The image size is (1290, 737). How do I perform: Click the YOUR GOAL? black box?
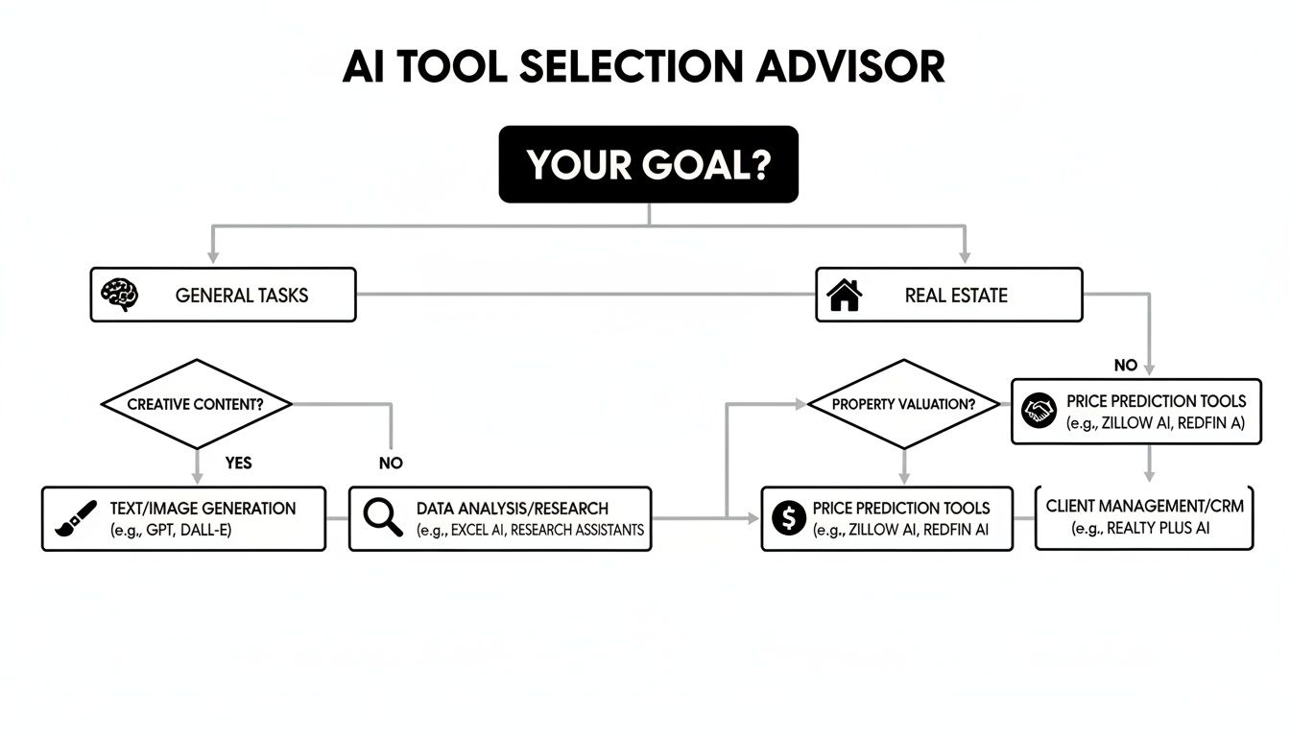[x=648, y=164]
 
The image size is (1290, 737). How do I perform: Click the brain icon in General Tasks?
[x=120, y=295]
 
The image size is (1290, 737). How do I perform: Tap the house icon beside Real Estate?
[x=845, y=295]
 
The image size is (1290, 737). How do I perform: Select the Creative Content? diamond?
[x=196, y=404]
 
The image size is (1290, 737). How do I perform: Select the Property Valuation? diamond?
[x=903, y=404]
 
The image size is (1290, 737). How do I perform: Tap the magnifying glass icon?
[x=382, y=518]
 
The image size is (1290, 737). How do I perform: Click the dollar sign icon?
[x=788, y=519]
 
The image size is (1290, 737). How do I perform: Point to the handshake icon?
[x=1039, y=411]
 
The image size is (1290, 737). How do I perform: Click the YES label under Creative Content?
[x=238, y=463]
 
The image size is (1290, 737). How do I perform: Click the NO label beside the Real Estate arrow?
[x=1125, y=366]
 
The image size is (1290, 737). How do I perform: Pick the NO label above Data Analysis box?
[x=391, y=464]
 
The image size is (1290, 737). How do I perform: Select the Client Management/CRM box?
[x=1144, y=517]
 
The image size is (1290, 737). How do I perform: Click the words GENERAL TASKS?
[x=242, y=296]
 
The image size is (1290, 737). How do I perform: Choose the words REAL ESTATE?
[x=956, y=296]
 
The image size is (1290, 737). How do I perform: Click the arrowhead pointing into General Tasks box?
[x=213, y=256]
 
